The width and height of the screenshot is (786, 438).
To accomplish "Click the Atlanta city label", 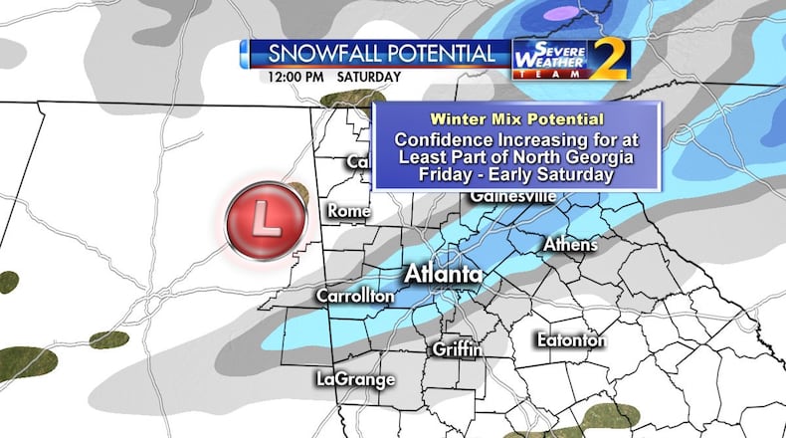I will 444,275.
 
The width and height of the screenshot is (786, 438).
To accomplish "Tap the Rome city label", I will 347,211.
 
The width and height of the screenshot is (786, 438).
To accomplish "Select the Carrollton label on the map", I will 355,297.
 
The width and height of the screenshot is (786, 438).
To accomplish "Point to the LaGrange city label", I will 355,379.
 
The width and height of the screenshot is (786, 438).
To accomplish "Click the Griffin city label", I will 458,349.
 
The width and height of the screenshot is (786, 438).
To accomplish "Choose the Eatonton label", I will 571,340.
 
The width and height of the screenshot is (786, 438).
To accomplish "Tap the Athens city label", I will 570,245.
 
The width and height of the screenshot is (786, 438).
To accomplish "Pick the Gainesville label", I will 513,196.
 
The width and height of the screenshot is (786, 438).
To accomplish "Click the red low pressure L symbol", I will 265,217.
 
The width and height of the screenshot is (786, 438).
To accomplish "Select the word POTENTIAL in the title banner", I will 443,54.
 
